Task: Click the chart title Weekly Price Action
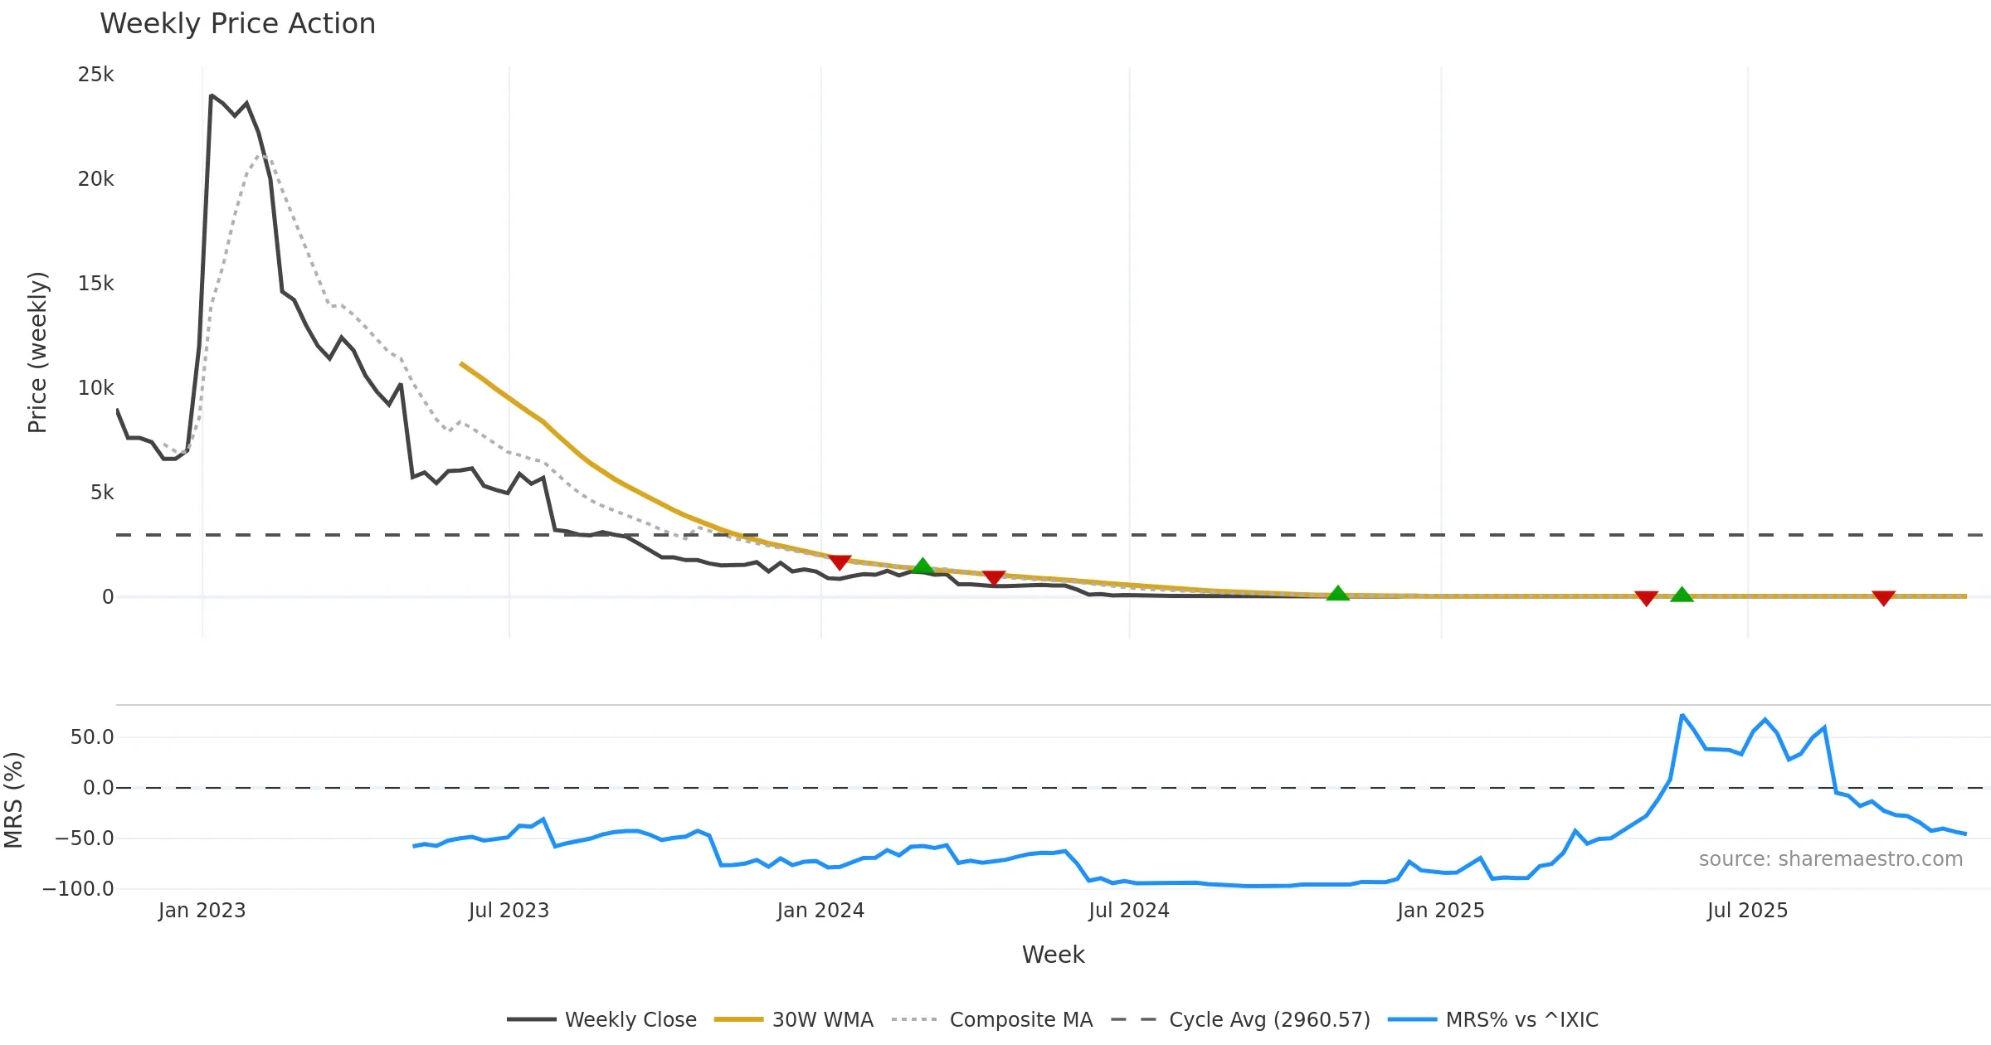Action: [237, 24]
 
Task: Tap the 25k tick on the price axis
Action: [96, 75]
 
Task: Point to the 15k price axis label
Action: [96, 284]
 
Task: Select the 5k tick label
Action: [102, 493]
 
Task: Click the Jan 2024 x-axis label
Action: [820, 911]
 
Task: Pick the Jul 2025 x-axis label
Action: [1747, 911]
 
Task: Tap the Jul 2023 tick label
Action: [509, 911]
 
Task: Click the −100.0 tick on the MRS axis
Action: [78, 889]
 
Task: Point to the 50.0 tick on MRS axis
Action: [92, 737]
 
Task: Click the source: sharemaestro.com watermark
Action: [1830, 859]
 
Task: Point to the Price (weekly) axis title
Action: [37, 352]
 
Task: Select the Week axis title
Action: [1053, 955]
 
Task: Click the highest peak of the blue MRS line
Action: [1682, 715]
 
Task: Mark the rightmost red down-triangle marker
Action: [1883, 598]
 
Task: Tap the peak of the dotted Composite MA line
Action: [260, 154]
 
